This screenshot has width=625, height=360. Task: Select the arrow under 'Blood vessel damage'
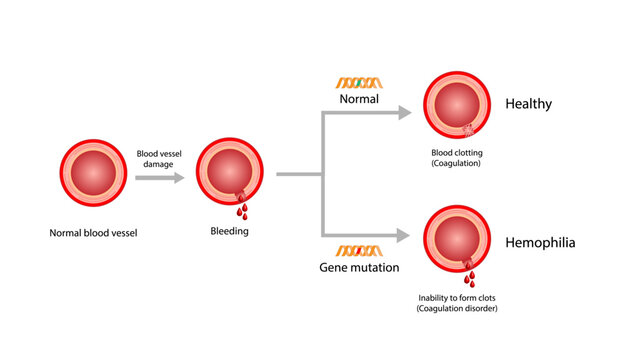(159, 177)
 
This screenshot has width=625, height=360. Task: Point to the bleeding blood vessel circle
(230, 174)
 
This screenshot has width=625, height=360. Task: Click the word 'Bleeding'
(229, 231)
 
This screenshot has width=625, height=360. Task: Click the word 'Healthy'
(529, 104)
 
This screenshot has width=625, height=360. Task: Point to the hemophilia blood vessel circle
(456, 238)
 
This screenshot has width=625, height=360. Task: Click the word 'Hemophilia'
(540, 243)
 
